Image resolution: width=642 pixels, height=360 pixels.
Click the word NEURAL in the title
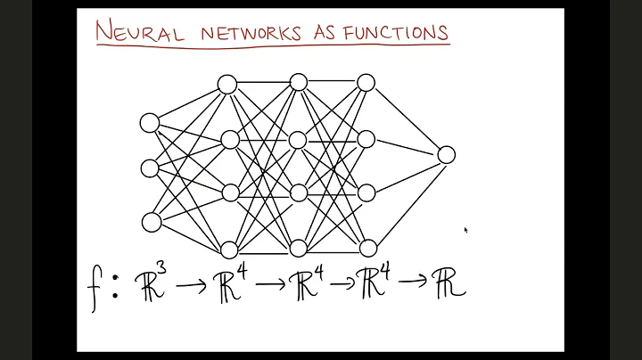point(140,34)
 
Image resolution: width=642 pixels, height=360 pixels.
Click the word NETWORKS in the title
point(251,34)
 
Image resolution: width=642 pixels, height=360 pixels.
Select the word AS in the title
point(328,34)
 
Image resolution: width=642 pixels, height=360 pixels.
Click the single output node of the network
point(446,154)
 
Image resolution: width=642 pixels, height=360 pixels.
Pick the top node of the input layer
point(150,123)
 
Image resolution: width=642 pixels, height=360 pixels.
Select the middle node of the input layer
point(151,168)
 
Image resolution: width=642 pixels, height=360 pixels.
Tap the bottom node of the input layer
point(152,222)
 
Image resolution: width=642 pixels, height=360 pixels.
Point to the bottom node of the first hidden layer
point(229,250)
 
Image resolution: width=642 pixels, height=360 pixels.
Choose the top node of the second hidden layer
point(298,83)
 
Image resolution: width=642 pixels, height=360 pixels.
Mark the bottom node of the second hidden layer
point(298,248)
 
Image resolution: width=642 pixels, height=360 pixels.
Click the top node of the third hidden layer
point(366,83)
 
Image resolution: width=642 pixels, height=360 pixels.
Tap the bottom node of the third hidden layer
point(367,248)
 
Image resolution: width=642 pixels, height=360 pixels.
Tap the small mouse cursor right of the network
point(465,230)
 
